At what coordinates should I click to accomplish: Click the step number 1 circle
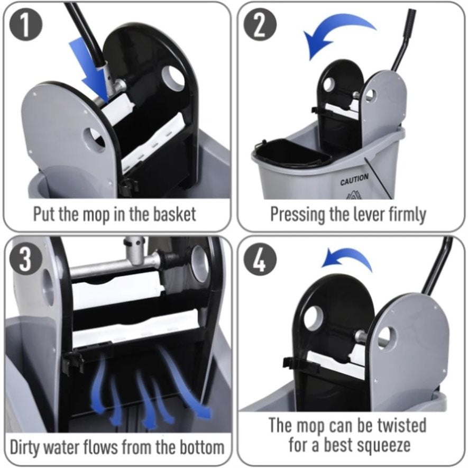[x=26, y=25]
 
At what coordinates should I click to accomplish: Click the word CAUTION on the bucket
[x=354, y=179]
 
